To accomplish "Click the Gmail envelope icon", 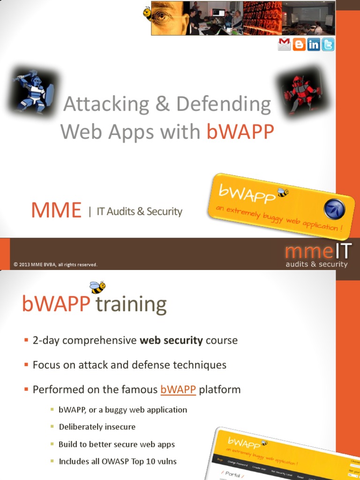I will click(x=285, y=45).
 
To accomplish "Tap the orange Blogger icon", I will click(x=299, y=45).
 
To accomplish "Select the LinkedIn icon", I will click(x=314, y=45).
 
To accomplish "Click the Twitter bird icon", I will click(x=328, y=45).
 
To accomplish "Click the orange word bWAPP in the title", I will click(x=240, y=132).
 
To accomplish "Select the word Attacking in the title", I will click(x=106, y=104).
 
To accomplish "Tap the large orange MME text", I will click(x=56, y=211).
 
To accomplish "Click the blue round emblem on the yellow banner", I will click(x=334, y=209).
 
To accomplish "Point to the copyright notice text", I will click(x=55, y=265).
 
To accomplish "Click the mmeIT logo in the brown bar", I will click(x=317, y=256).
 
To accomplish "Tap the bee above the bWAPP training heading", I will click(x=97, y=286).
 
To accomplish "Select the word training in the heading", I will click(x=131, y=305).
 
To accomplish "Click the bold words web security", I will click(x=172, y=340).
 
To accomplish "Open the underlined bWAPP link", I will click(x=178, y=390).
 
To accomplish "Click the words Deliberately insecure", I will click(x=97, y=427).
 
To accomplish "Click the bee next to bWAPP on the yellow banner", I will click(x=282, y=192).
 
